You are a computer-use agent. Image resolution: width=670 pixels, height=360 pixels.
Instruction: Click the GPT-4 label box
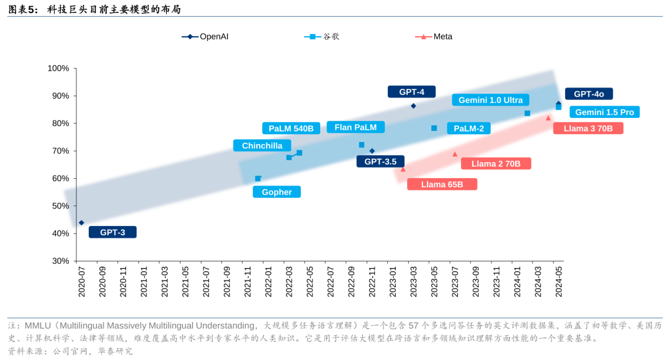click(411, 92)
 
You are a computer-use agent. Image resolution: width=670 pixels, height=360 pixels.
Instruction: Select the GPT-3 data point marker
click(81, 223)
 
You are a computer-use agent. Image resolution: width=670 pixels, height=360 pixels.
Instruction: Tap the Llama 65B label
click(442, 184)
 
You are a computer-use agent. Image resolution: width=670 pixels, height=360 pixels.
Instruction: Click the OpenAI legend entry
click(205, 37)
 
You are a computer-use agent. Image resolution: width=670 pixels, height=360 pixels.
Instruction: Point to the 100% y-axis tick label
click(58, 68)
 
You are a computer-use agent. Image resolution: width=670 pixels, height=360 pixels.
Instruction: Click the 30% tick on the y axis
click(60, 261)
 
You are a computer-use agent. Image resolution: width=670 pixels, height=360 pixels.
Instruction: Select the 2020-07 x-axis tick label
click(81, 282)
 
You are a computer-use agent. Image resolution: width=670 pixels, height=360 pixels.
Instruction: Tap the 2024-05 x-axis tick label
click(558, 282)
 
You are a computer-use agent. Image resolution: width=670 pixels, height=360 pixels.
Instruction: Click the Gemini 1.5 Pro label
click(604, 112)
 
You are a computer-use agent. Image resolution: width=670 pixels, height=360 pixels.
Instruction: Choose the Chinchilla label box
click(262, 146)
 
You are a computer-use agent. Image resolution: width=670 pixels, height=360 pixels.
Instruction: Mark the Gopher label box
click(276, 192)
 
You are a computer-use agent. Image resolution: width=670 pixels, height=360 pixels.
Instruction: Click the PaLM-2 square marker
click(434, 128)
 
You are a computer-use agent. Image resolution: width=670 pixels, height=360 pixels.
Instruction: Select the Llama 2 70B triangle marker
click(455, 154)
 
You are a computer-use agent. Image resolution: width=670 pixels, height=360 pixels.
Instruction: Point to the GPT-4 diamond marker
click(413, 106)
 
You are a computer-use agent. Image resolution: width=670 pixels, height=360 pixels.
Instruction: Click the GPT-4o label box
click(588, 94)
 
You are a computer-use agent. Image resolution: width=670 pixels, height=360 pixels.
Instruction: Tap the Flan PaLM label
click(355, 127)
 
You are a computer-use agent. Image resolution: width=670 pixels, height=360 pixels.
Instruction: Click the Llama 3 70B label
click(587, 128)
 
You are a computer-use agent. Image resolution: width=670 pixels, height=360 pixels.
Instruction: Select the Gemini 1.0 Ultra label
click(490, 100)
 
